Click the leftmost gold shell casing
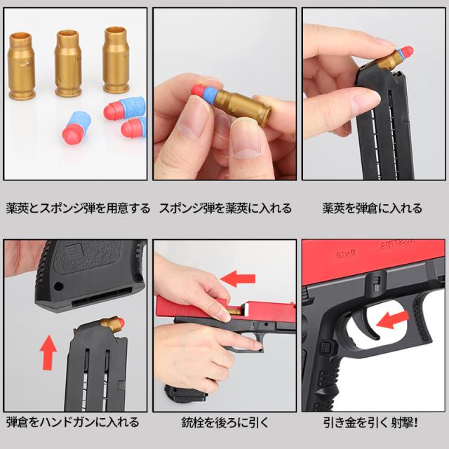point(22,66)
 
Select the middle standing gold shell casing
point(68,63)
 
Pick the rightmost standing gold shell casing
point(116,60)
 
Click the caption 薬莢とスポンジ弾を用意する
point(78,208)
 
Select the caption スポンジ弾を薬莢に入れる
point(225,208)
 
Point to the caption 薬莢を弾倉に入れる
point(372,208)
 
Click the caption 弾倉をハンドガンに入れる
point(72,422)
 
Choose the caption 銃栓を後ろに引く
point(225,422)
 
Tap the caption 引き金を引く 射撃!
point(370,422)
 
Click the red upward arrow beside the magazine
point(48,352)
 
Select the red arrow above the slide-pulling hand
point(238,279)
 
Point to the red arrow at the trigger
point(393,320)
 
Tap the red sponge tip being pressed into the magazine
point(407,53)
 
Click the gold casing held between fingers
point(243,107)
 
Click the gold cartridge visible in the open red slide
point(235,311)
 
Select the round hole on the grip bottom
point(58,286)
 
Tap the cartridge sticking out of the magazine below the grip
point(112,323)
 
